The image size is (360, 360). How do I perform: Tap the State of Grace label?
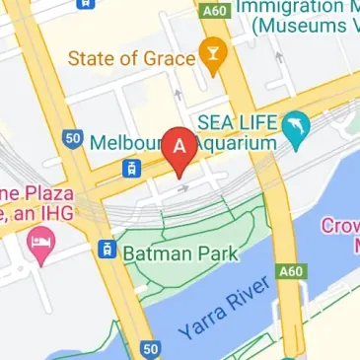coord(131,58)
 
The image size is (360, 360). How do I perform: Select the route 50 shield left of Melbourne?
coord(71,139)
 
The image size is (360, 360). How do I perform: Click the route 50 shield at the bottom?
coord(149,349)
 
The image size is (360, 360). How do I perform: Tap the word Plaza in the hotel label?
coord(38,192)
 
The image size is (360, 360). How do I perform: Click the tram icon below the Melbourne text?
coord(129,169)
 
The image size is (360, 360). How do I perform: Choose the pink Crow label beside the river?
coord(339,226)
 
